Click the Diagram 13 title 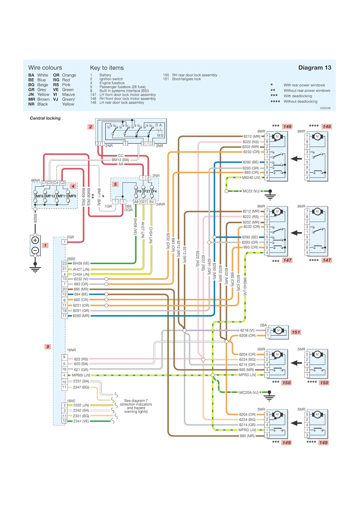tap(314, 68)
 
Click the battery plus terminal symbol tap(35, 240)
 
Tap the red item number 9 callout tap(48, 346)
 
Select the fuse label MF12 tap(51, 196)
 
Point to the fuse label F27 tap(147, 192)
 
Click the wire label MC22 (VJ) tap(251, 191)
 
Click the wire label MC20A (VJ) tap(249, 393)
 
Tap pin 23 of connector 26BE tap(65, 263)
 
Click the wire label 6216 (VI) tap(247, 330)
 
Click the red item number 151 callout tap(296, 332)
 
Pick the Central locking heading tap(45, 118)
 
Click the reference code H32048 tap(325, 108)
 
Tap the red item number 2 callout tap(91, 127)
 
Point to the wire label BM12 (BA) tap(120, 160)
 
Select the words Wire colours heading tap(45, 68)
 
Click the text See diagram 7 tap(136, 401)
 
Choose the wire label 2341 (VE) tap(81, 421)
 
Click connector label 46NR tap(35, 180)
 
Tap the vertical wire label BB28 tap(35, 218)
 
